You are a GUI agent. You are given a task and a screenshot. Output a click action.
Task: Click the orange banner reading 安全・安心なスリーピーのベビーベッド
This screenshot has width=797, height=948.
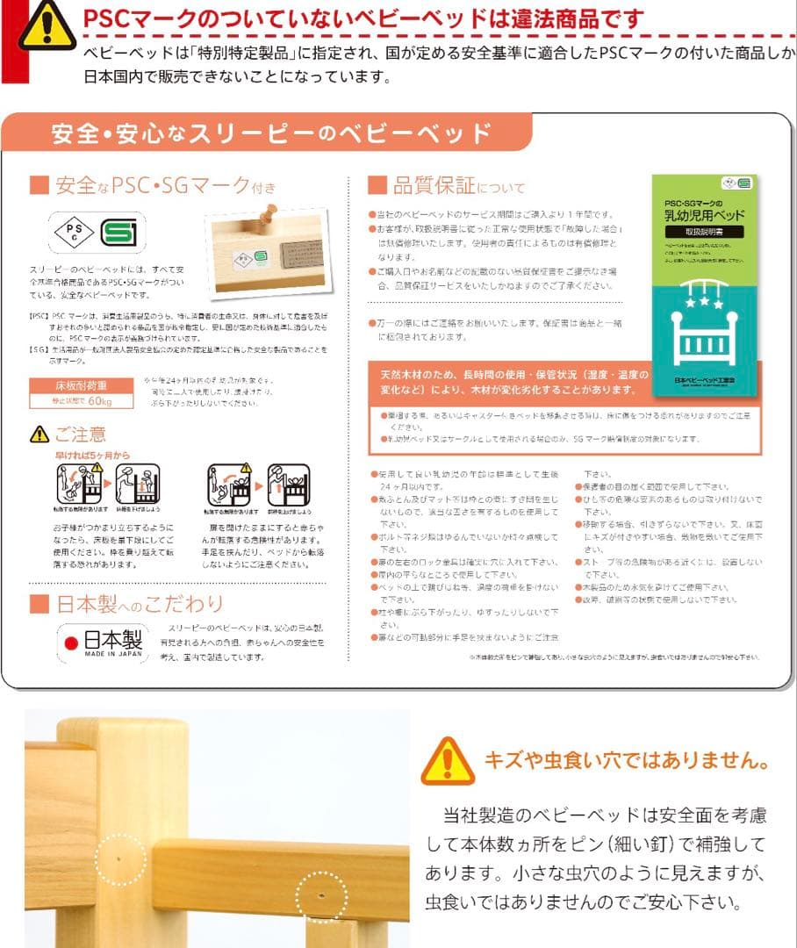click(271, 134)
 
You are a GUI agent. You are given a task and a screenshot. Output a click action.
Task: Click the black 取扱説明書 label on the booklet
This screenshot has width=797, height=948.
click(704, 231)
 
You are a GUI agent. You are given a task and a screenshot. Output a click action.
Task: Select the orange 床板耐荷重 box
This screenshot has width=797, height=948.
click(82, 385)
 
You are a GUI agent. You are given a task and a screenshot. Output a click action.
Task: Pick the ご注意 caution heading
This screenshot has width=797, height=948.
click(79, 434)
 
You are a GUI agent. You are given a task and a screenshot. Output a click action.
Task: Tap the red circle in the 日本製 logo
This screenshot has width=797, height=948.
click(72, 643)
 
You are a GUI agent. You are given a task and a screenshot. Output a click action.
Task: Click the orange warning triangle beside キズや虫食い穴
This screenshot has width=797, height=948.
click(447, 760)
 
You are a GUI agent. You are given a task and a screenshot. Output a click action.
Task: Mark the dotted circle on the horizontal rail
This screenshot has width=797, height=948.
click(320, 896)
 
